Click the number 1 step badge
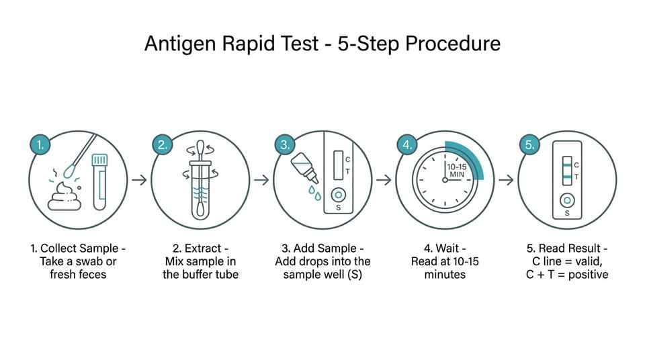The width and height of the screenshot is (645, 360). [40, 144]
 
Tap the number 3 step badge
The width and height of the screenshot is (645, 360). [285, 144]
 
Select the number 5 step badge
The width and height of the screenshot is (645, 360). [529, 144]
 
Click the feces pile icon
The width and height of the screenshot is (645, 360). [64, 196]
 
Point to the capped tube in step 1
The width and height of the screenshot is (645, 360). [99, 182]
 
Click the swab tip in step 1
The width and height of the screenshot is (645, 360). [70, 171]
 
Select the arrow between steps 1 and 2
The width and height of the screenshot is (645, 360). [140, 180]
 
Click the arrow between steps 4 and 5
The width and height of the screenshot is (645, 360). [507, 180]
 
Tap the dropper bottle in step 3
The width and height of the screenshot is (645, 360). [304, 168]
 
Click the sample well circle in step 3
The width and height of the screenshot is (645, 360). [338, 195]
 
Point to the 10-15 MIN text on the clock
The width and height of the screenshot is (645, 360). [457, 171]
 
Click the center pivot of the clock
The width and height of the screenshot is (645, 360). [445, 180]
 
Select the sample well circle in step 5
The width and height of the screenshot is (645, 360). [567, 201]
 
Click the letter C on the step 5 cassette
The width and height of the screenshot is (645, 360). [576, 165]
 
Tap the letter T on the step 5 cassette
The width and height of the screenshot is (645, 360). [576, 177]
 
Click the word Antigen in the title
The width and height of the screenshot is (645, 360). [180, 44]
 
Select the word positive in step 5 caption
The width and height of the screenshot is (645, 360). [589, 275]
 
